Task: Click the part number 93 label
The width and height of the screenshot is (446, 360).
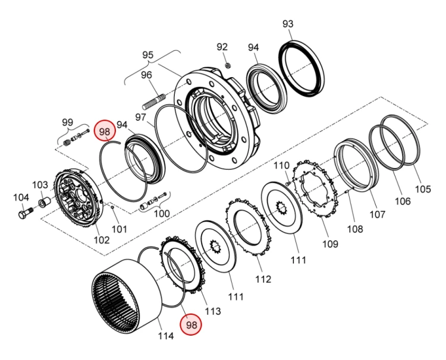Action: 288,24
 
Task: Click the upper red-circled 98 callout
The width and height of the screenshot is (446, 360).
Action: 105,131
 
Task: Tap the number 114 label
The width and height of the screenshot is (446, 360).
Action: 165,336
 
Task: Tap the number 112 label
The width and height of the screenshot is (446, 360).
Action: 263,279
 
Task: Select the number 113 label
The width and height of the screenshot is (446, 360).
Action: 212,311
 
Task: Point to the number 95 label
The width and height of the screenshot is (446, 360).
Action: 147,55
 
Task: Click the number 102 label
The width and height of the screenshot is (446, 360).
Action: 101,240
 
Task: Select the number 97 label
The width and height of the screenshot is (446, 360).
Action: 140,117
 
